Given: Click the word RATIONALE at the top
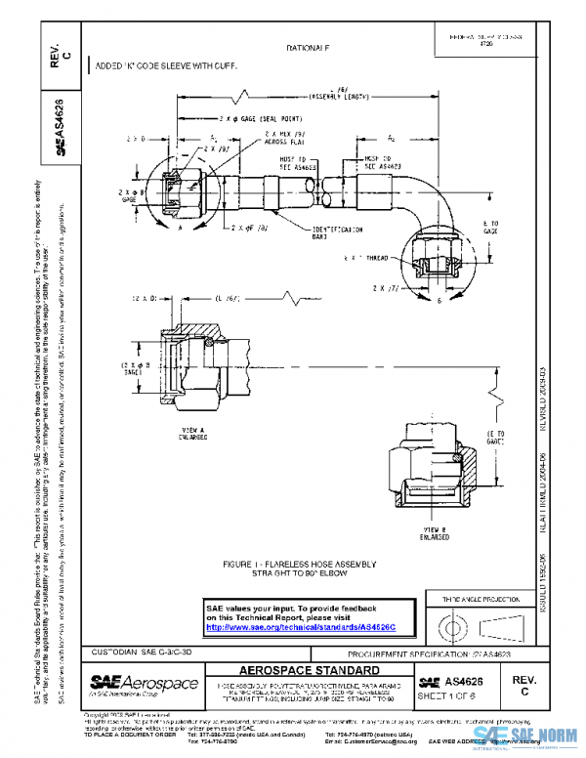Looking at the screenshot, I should coord(308,48).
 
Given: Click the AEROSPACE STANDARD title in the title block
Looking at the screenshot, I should coord(310,672).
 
